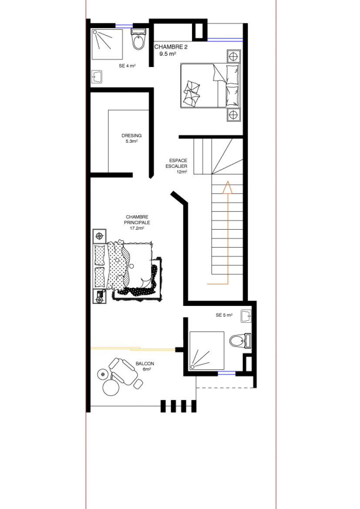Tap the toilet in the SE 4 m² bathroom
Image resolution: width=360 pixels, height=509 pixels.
[x=138, y=39]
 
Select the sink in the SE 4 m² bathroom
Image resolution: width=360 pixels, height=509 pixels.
[x=97, y=77]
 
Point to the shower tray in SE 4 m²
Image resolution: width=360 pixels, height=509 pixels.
[x=107, y=44]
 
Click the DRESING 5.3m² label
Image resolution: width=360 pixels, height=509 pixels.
[x=131, y=138]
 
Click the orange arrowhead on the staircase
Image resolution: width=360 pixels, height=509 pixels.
[x=228, y=188]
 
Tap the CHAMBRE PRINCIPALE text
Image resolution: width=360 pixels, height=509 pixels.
[x=137, y=220]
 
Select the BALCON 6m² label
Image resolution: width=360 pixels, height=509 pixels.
[x=145, y=366]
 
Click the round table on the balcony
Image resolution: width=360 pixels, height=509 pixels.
[x=111, y=387]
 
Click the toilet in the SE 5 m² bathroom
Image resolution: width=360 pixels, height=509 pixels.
[x=240, y=341]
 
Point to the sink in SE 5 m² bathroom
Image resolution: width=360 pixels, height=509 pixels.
[x=246, y=316]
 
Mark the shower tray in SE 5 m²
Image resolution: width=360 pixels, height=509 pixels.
[x=207, y=350]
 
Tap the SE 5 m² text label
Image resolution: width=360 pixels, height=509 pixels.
[x=224, y=315]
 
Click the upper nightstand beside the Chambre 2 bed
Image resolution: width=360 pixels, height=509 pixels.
[x=234, y=57]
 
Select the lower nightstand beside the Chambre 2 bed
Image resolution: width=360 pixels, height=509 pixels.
[x=234, y=115]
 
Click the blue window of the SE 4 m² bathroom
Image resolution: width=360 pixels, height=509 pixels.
[x=124, y=26]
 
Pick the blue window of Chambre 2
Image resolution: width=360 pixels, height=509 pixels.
[x=225, y=40]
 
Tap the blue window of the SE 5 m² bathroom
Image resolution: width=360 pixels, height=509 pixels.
[x=226, y=374]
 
